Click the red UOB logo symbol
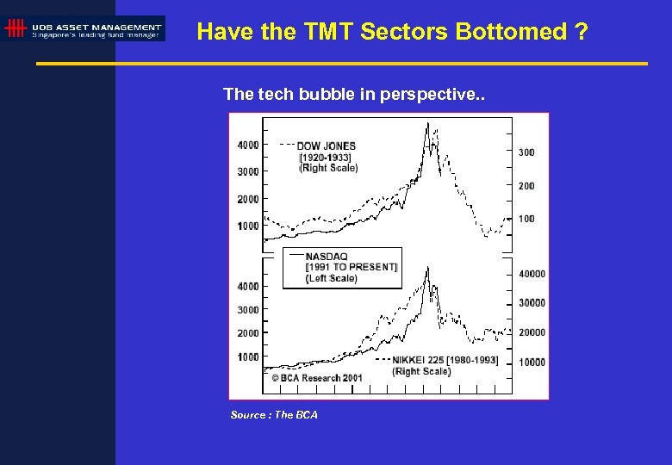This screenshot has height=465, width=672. pyautogui.click(x=15, y=28)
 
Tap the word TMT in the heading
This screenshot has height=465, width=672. pyautogui.click(x=329, y=32)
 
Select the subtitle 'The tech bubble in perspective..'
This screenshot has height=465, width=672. pyautogui.click(x=354, y=94)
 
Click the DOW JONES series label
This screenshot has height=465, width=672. pyautogui.click(x=326, y=146)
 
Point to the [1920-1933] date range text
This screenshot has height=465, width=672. pyautogui.click(x=325, y=157)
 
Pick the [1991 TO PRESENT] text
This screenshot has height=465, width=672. pyautogui.click(x=352, y=267)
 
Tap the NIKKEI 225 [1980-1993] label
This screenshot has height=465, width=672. pyautogui.click(x=445, y=360)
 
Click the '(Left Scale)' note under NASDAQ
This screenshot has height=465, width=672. pyautogui.click(x=332, y=278)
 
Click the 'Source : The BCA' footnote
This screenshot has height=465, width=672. pyautogui.click(x=274, y=415)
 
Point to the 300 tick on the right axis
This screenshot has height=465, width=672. pyautogui.click(x=526, y=152)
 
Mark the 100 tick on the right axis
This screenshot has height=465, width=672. pyautogui.click(x=526, y=219)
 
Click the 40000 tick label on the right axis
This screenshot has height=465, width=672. pyautogui.click(x=532, y=274)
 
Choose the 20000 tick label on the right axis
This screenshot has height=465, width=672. pyautogui.click(x=532, y=332)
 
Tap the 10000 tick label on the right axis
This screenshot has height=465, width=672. pyautogui.click(x=532, y=363)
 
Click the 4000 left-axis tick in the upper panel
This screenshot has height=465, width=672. pyautogui.click(x=248, y=145)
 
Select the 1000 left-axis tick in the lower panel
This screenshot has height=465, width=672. pyautogui.click(x=248, y=356)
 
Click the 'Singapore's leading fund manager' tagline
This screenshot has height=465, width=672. pyautogui.click(x=96, y=34)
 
